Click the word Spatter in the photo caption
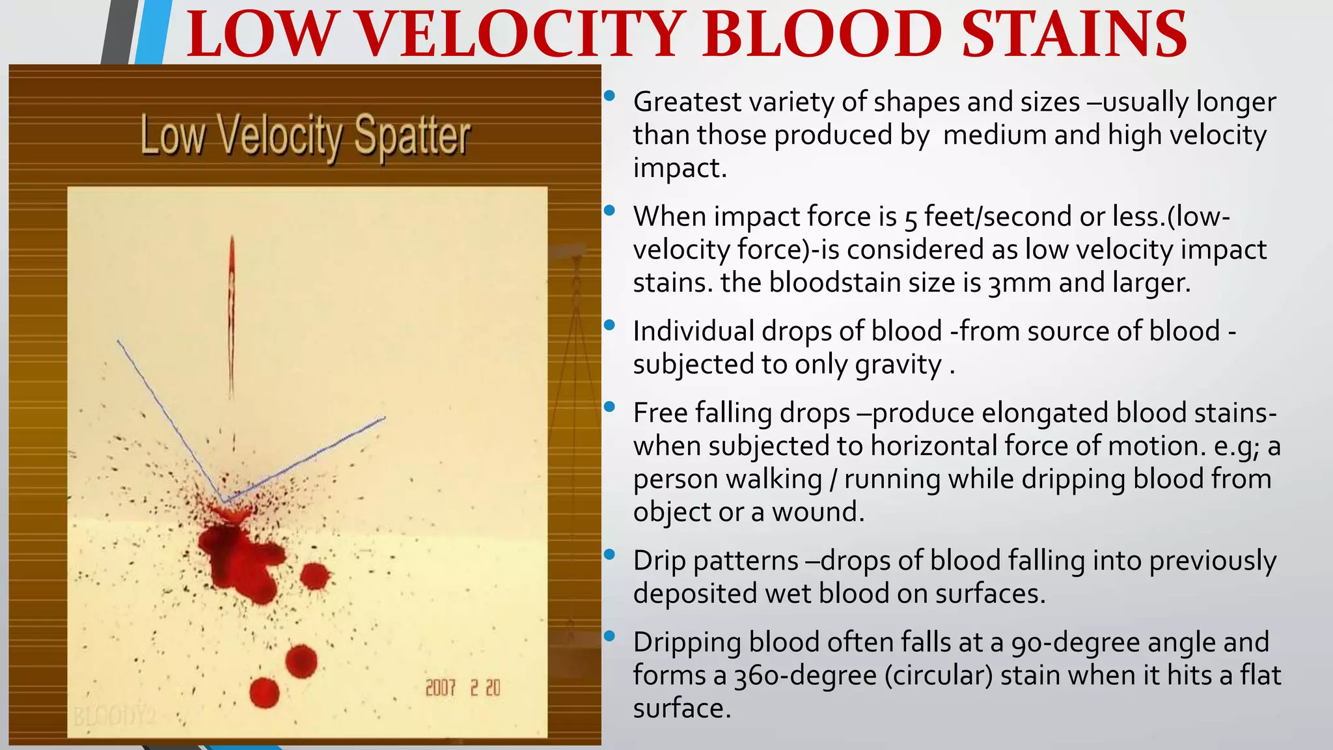[412, 137]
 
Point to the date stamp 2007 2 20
[462, 688]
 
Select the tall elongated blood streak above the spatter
[232, 312]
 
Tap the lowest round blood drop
[264, 693]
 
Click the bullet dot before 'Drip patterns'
[609, 555]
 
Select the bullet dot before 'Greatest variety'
[609, 96]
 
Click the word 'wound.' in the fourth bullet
[818, 512]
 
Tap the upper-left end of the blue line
[118, 340]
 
